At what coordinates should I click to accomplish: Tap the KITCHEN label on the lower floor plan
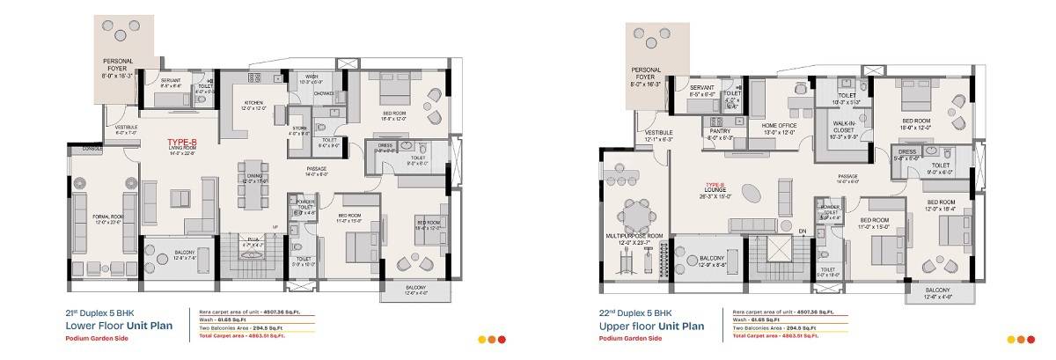[x=254, y=103]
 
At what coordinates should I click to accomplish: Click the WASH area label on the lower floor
[x=312, y=77]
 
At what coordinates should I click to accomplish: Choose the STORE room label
[x=299, y=129]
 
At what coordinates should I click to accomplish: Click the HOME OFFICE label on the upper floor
[x=779, y=126]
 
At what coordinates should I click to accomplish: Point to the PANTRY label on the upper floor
[x=721, y=130]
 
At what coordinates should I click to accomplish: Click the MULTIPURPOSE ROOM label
[x=640, y=236]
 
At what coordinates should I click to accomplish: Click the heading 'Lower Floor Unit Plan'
[x=118, y=325]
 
